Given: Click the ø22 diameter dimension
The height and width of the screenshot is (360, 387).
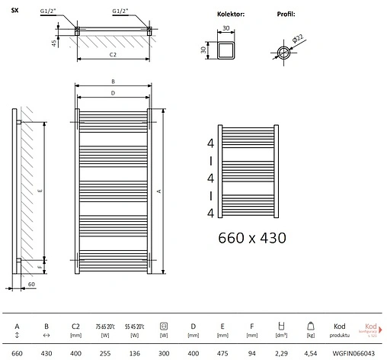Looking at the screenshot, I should tap(296, 37).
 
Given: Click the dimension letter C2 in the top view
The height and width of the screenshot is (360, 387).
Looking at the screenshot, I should tap(112, 55).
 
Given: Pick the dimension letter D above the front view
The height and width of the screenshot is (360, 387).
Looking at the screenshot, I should tap(112, 93).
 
